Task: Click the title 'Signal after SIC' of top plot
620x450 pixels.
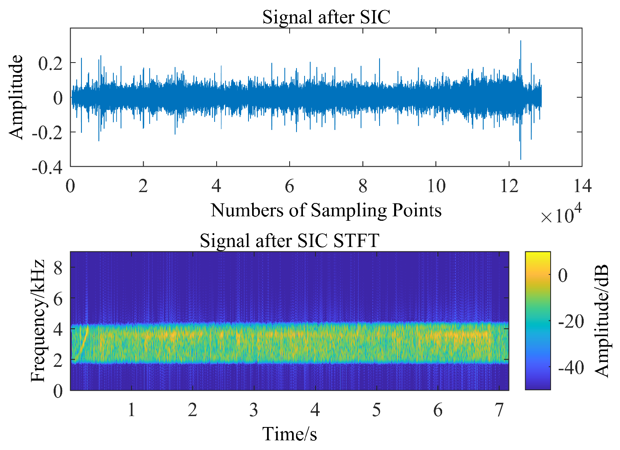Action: tap(326, 17)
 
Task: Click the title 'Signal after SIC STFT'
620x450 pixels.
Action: tap(289, 241)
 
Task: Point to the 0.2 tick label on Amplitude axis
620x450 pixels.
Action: tap(50, 63)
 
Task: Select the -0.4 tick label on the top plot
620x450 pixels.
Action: tap(47, 167)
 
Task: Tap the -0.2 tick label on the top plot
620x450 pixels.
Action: tap(47, 132)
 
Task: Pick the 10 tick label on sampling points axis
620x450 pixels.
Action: tap(436, 186)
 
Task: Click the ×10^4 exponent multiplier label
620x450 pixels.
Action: tap(561, 215)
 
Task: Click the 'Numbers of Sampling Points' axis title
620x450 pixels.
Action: tap(326, 210)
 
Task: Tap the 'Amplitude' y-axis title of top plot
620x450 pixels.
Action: tap(17, 97)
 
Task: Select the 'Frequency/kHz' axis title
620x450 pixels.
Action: tap(38, 321)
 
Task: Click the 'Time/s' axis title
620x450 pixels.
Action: tap(289, 434)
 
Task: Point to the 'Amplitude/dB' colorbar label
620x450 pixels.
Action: tap(602, 321)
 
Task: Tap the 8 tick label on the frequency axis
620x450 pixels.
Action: tap(58, 267)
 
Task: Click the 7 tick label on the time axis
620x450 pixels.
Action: tap(499, 410)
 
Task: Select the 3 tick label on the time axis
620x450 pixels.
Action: tap(253, 410)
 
